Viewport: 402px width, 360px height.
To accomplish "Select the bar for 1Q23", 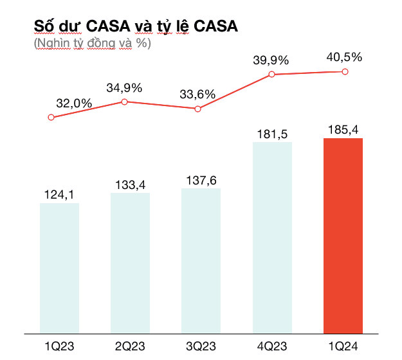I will click(x=59, y=269).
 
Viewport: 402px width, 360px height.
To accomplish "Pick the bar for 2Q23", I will click(x=131, y=264).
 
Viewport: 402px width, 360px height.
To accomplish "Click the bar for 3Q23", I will click(x=201, y=261).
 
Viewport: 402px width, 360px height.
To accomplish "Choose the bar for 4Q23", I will click(x=272, y=238).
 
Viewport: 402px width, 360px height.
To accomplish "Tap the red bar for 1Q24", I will click(x=343, y=236).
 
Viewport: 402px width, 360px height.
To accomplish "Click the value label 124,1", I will click(x=59, y=192).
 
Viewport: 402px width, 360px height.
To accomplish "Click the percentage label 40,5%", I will click(x=344, y=57).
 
